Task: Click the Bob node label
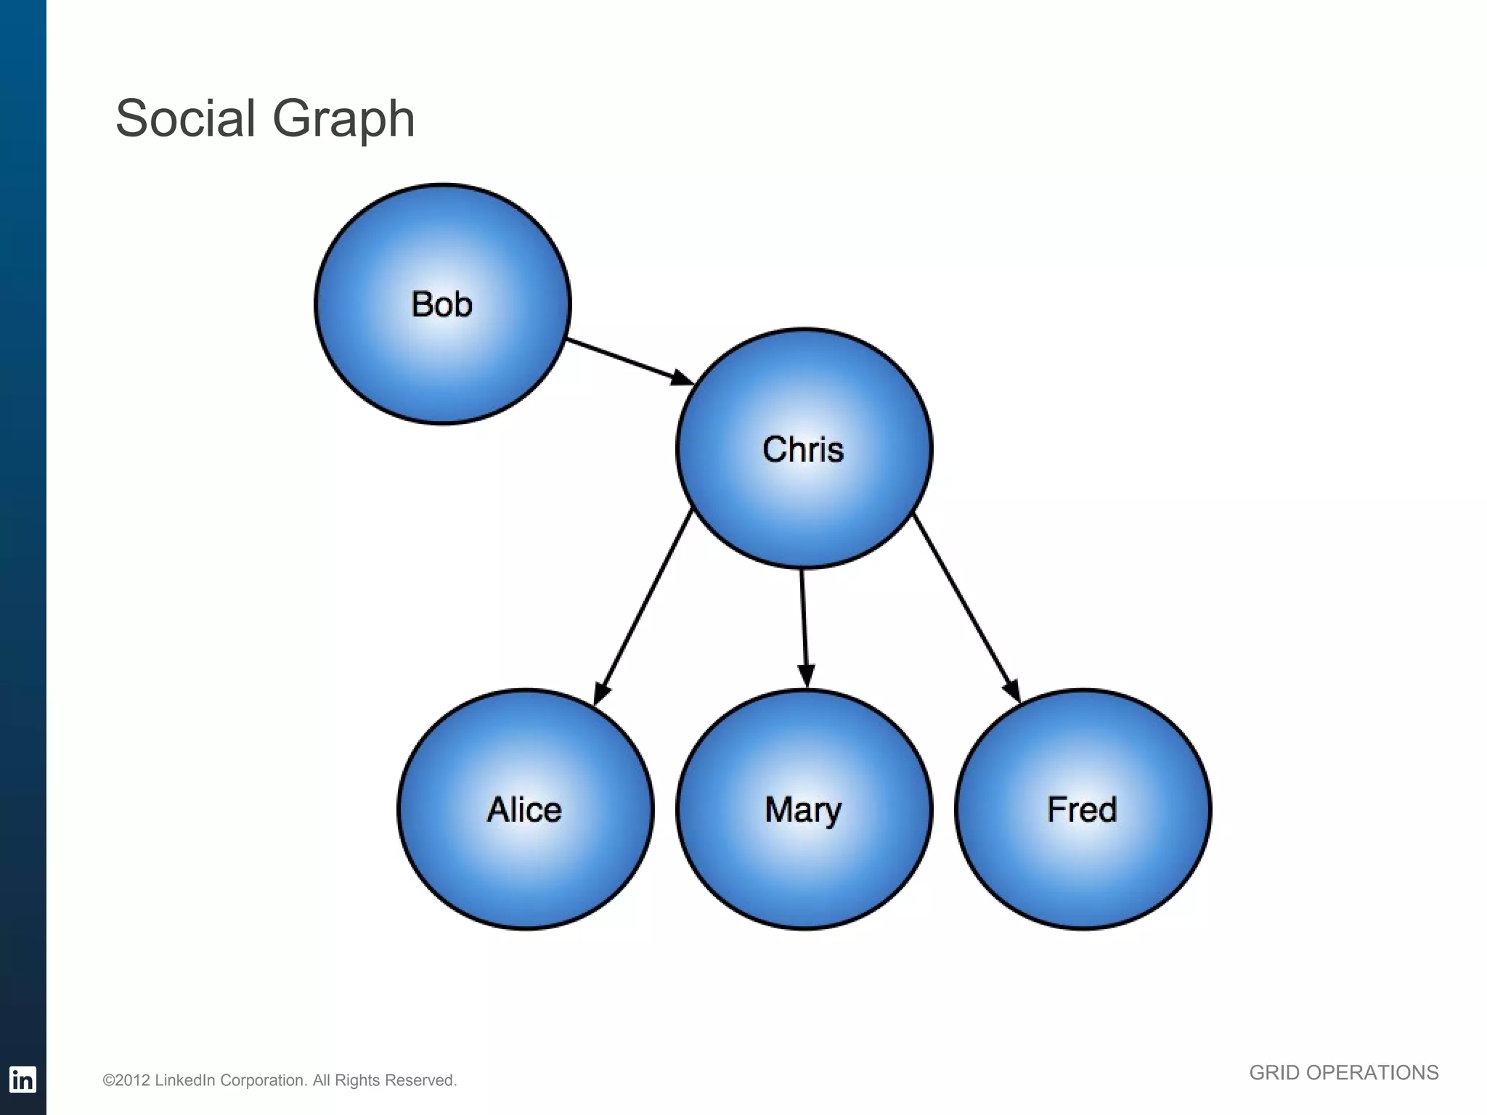coord(441,304)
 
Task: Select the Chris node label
coord(803,449)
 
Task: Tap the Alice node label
coord(524,809)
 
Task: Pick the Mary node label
coord(803,810)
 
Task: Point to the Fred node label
coord(1082,809)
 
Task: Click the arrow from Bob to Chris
coord(624,359)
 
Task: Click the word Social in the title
coord(185,118)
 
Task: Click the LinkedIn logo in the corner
coord(23,1079)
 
